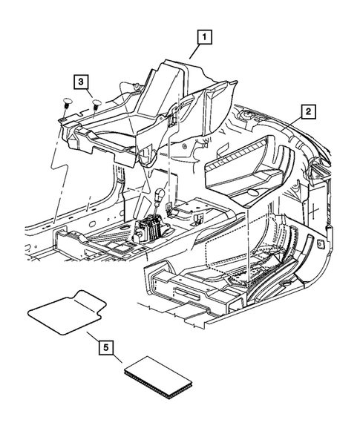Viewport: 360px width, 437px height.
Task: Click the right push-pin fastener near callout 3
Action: pos(97,103)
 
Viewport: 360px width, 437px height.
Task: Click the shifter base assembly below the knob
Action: pos(151,227)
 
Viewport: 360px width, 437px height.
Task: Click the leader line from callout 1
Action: pos(194,50)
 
